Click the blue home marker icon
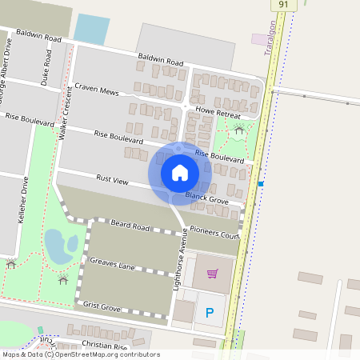(180, 172)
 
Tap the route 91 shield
(283, 5)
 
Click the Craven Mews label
(97, 90)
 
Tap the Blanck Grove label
(207, 196)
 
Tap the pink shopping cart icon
(212, 274)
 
